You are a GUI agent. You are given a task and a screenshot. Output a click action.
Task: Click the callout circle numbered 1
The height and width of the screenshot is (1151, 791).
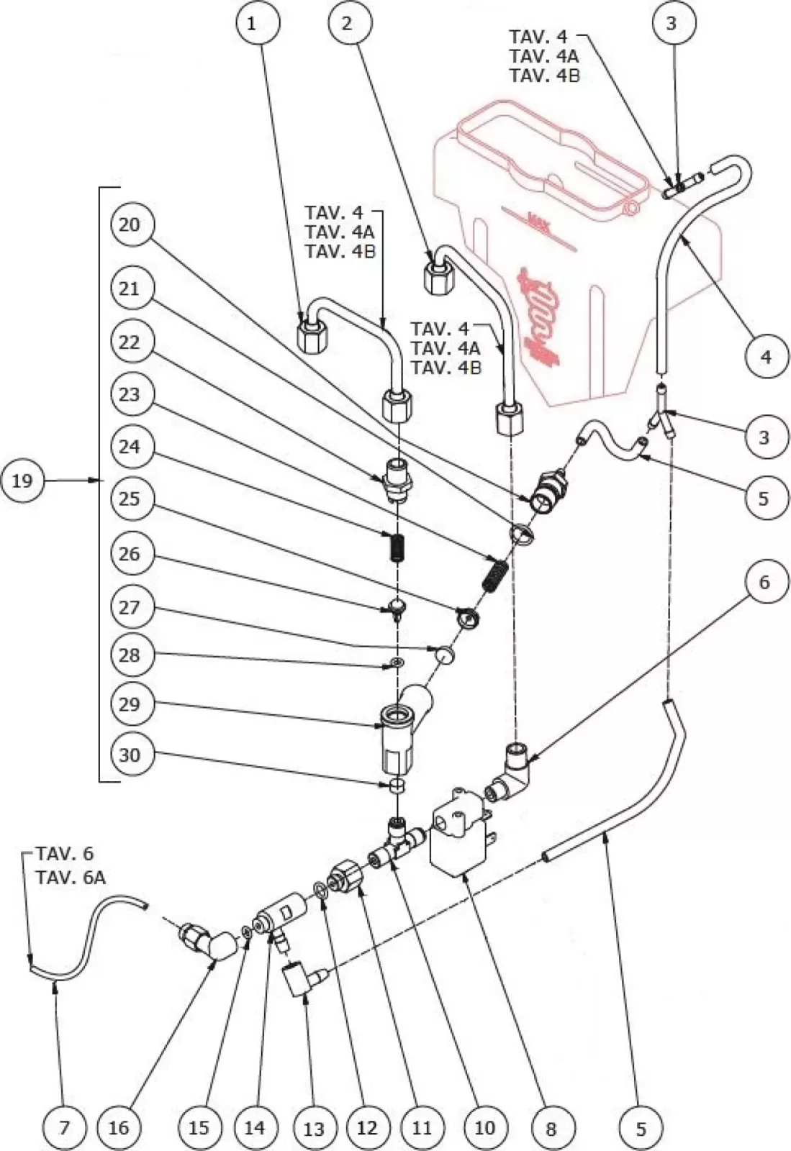[251, 24]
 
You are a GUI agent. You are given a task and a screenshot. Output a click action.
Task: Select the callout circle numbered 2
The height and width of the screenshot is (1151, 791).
[347, 24]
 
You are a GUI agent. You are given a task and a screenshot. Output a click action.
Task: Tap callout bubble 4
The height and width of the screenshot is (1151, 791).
[766, 356]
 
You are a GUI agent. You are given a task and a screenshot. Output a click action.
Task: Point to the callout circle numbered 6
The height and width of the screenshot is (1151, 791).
[764, 582]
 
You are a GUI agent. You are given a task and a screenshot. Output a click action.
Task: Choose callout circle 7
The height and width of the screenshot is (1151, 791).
[64, 1127]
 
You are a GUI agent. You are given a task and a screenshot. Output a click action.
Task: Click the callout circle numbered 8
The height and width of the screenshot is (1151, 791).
[551, 1128]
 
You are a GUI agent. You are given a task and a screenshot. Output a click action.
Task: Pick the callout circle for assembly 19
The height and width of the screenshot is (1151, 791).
[22, 480]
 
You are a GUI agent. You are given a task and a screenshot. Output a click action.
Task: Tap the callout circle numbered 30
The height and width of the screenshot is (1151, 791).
[130, 755]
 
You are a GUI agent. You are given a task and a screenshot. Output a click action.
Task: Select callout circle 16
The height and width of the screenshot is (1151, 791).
[119, 1127]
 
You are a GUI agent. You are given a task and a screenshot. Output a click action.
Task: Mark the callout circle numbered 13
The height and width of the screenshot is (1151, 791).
[315, 1128]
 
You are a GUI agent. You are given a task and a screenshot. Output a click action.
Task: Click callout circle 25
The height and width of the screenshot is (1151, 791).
[130, 498]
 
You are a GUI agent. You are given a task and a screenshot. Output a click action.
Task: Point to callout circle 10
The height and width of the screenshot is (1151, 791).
[485, 1127]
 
